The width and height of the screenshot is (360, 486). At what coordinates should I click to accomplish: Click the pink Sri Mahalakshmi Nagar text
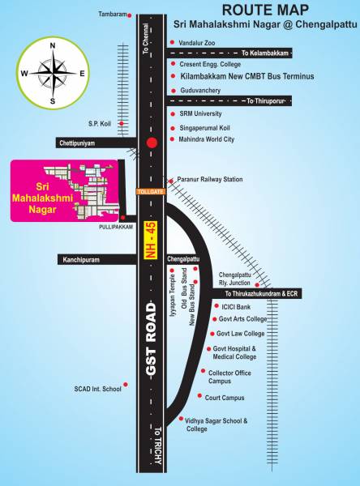[x=39, y=190]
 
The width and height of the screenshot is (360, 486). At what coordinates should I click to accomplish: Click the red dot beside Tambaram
[x=129, y=15]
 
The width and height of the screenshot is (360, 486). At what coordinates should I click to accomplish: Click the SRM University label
[x=200, y=114]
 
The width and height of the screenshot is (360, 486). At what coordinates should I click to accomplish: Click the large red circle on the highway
[x=151, y=143]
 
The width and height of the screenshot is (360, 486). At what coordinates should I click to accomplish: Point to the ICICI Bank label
[x=236, y=307]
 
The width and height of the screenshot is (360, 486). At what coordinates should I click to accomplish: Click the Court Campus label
[x=225, y=398]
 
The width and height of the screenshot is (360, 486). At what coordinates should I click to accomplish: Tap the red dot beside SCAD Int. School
[x=125, y=385]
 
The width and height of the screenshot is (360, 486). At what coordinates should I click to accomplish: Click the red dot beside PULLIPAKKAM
[x=122, y=217]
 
